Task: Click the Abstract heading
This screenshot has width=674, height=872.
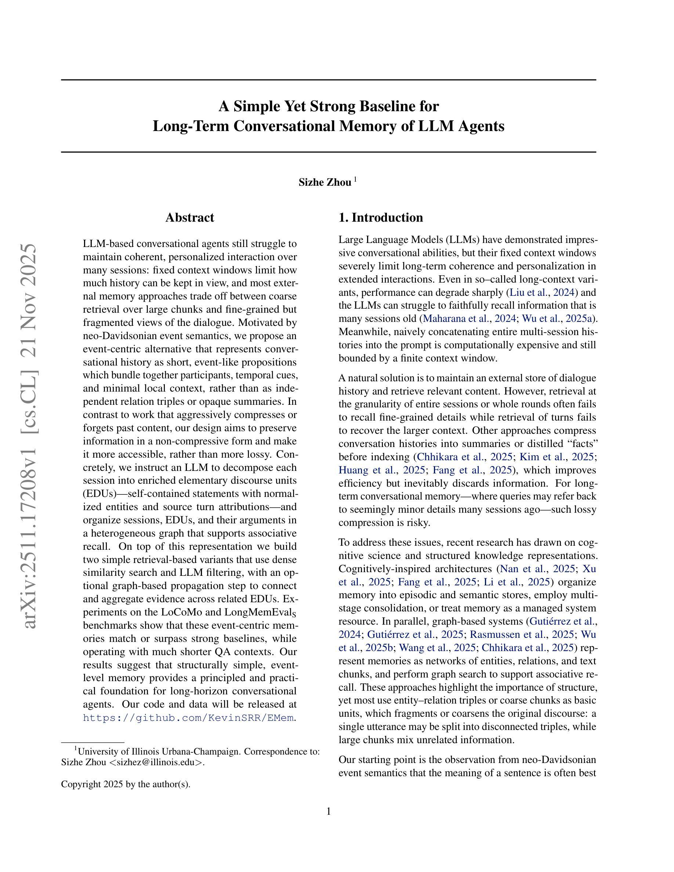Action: (x=190, y=218)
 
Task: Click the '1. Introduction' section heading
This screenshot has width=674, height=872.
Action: (x=381, y=218)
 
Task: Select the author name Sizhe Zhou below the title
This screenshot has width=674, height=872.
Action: (x=325, y=182)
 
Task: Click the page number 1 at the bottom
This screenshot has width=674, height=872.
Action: (x=329, y=811)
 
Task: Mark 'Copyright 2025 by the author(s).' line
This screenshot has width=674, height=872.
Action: (x=126, y=784)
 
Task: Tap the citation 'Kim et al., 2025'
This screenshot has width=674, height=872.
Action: (x=557, y=457)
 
